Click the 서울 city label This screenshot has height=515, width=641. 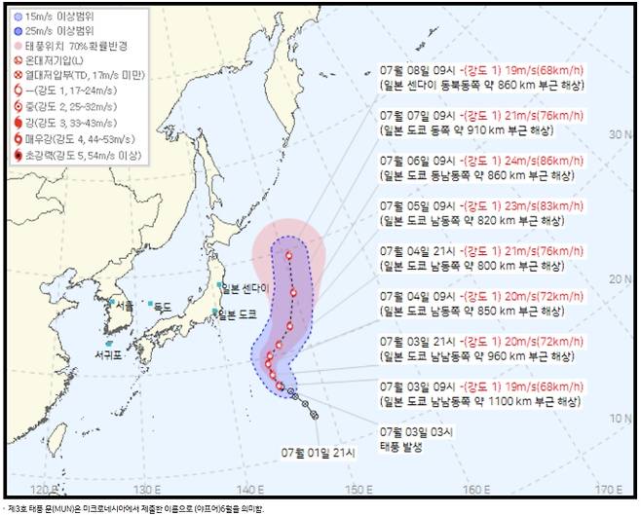124,306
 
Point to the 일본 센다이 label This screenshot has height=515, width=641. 244,287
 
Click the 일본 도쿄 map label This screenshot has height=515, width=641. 239,313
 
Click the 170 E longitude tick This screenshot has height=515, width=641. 608,489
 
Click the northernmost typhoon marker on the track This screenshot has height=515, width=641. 288,256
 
